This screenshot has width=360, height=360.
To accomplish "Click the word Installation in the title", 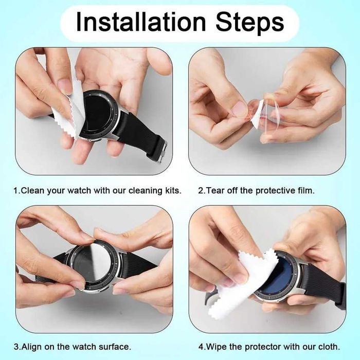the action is (x=141, y=22).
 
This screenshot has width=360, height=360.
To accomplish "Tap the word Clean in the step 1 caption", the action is (x=33, y=191).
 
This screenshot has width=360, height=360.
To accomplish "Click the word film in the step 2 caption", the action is (x=306, y=191).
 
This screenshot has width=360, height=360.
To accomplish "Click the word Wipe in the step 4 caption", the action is (x=216, y=347).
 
